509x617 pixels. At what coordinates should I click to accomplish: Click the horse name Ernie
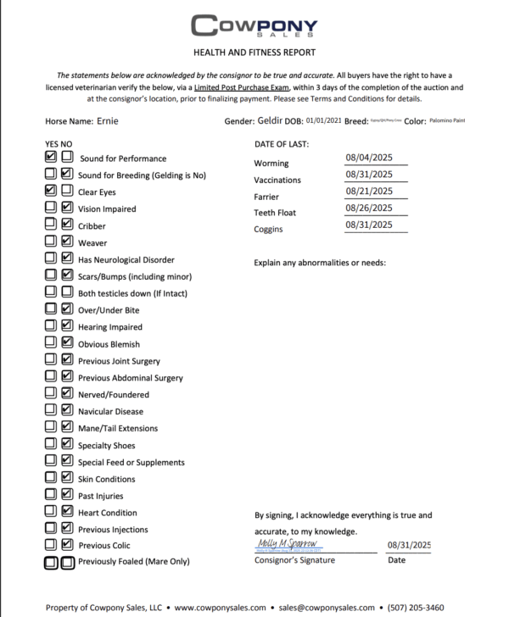pos(108,121)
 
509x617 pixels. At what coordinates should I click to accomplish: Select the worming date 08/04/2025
pos(368,157)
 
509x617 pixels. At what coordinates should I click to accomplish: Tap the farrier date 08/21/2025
pos(368,191)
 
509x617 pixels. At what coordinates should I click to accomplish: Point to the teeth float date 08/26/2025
pos(368,208)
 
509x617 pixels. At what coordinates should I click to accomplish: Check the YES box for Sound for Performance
pos(51,158)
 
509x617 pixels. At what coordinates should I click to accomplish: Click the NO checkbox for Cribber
pos(66,225)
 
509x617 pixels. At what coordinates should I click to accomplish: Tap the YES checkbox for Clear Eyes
pos(51,192)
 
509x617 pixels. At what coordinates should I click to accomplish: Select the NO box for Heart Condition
pos(66,511)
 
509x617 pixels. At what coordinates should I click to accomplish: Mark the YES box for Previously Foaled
pos(51,561)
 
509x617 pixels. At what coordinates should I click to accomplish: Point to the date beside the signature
pos(409,545)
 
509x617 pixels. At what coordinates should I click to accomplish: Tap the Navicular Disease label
pos(112,411)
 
